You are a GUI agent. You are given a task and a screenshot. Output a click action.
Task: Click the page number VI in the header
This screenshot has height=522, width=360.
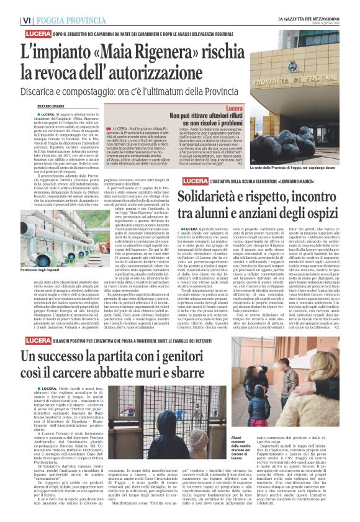(28, 20)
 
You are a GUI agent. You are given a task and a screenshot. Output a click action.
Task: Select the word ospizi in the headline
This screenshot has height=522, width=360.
(318, 214)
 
